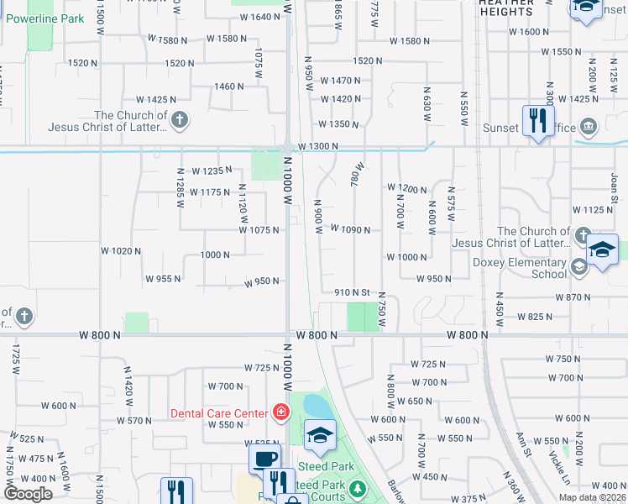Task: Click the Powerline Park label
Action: (x=50, y=18)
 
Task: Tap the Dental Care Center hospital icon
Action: (x=280, y=412)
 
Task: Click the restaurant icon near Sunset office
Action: (x=536, y=120)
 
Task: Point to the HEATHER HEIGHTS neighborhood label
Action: (x=505, y=8)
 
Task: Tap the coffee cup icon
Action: (x=264, y=459)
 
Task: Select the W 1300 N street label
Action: (x=317, y=146)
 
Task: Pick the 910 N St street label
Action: (x=352, y=292)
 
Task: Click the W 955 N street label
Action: (x=163, y=279)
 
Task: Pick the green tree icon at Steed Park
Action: (x=358, y=488)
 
